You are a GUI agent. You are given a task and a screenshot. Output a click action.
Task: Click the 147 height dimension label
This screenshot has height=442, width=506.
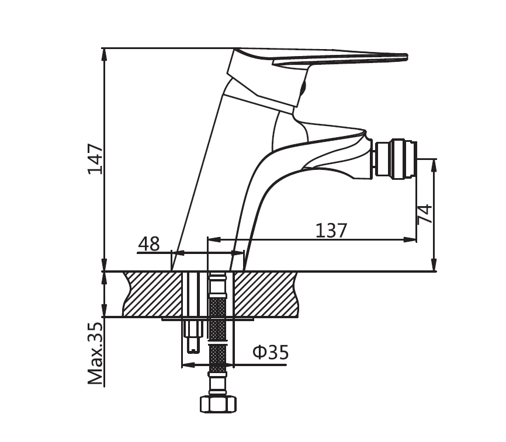click(95, 159)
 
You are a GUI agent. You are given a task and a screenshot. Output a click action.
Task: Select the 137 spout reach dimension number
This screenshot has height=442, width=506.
click(331, 230)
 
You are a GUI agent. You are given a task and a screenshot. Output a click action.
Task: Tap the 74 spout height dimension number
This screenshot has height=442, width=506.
click(424, 214)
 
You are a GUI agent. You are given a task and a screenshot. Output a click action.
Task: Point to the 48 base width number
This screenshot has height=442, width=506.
click(149, 244)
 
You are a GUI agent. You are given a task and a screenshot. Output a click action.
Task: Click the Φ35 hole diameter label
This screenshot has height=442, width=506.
click(271, 352)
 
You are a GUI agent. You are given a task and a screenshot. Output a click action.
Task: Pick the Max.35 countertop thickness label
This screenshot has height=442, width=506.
click(95, 353)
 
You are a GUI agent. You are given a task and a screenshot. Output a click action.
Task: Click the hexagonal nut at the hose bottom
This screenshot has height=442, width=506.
click(218, 404)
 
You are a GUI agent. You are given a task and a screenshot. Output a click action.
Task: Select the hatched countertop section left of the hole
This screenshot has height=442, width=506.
click(153, 294)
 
